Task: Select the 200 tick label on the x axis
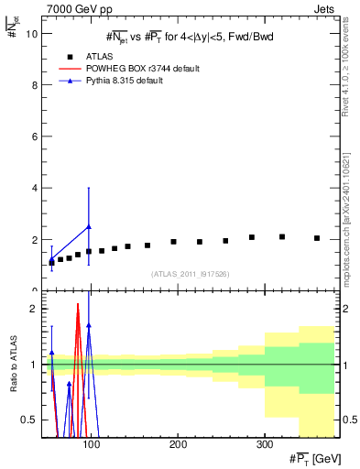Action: tap(178, 445)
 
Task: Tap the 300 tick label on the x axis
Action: tap(264, 445)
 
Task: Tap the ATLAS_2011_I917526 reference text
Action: tap(190, 274)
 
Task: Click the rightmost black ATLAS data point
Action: tap(317, 238)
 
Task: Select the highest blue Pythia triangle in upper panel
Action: tap(89, 226)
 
